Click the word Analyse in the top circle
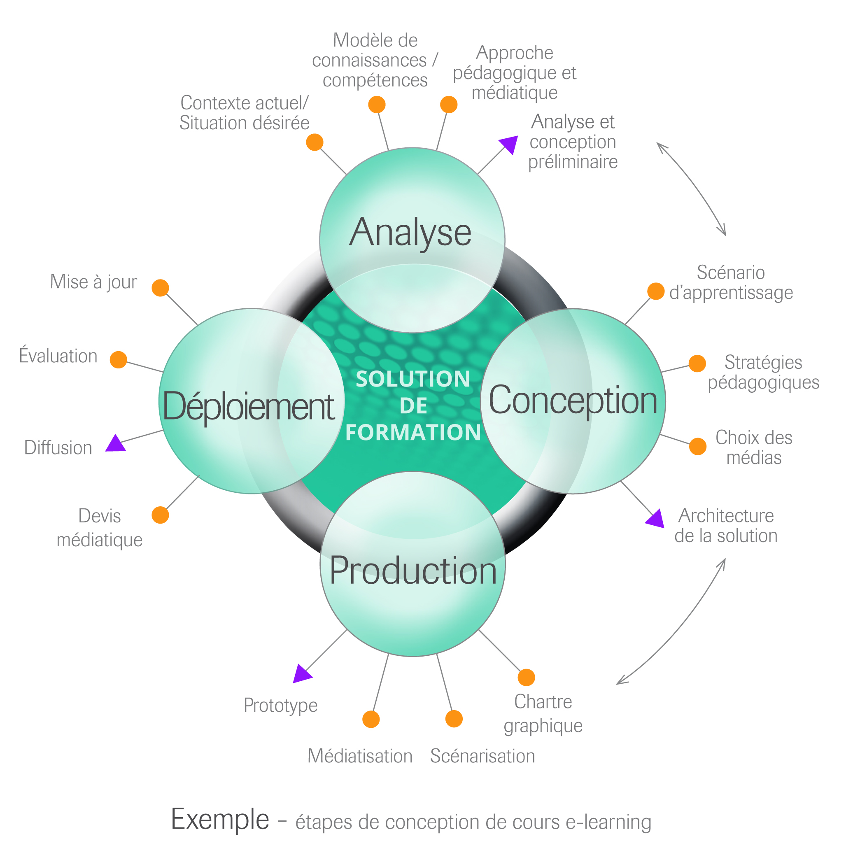pos(410,232)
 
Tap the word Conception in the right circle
pos(573,401)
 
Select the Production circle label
pos(413,571)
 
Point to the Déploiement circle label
pos(249,406)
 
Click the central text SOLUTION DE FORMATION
pos(413,405)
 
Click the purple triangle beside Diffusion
pos(116,444)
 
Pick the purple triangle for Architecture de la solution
pos(656,519)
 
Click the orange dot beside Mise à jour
pos(160,288)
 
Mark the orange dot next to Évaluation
pos(118,360)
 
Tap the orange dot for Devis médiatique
pos(160,515)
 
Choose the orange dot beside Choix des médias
pos(698,447)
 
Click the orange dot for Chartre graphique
pos(526,678)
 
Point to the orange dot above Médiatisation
pos(371,720)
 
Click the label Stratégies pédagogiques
pos(763,372)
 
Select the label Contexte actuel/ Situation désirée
pos(244,113)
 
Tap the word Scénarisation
pos(482,756)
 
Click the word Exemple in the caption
pos(220,819)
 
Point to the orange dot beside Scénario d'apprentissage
pos(656,291)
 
